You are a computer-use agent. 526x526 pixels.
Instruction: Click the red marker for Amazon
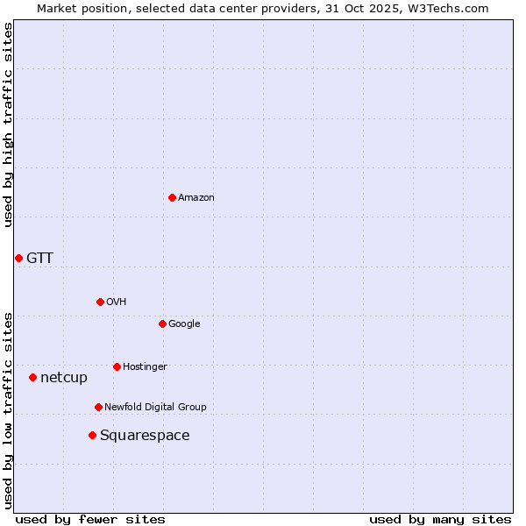pyautogui.click(x=172, y=197)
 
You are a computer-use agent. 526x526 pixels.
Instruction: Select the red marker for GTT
pyautogui.click(x=18, y=258)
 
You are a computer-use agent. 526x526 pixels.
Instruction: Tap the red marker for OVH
pyautogui.click(x=100, y=302)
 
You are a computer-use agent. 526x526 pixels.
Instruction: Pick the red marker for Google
pyautogui.click(x=162, y=323)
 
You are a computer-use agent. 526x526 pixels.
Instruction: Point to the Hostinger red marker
pyautogui.click(x=117, y=366)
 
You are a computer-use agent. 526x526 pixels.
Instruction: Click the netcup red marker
pyautogui.click(x=32, y=377)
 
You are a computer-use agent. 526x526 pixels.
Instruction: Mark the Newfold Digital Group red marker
pyautogui.click(x=98, y=407)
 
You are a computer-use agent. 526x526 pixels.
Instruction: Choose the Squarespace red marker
pyautogui.click(x=92, y=435)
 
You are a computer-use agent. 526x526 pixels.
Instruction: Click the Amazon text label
pyautogui.click(x=196, y=197)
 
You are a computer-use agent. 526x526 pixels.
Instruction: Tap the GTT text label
pyautogui.click(x=39, y=258)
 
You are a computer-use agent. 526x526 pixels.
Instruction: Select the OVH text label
pyautogui.click(x=117, y=302)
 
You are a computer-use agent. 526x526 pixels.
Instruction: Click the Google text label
pyautogui.click(x=184, y=323)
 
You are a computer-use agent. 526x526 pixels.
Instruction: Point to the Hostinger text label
pyautogui.click(x=145, y=366)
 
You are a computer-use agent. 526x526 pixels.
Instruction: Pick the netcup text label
pyautogui.click(x=64, y=378)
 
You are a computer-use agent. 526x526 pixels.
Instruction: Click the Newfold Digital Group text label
pyautogui.click(x=155, y=407)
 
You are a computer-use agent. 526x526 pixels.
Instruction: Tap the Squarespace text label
pyautogui.click(x=145, y=436)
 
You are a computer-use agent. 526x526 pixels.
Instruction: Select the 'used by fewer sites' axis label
pyautogui.click(x=90, y=519)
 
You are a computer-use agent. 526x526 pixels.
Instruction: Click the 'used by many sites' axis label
pyautogui.click(x=440, y=519)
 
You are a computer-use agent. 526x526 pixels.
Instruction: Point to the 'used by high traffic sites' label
pyautogui.click(x=8, y=124)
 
